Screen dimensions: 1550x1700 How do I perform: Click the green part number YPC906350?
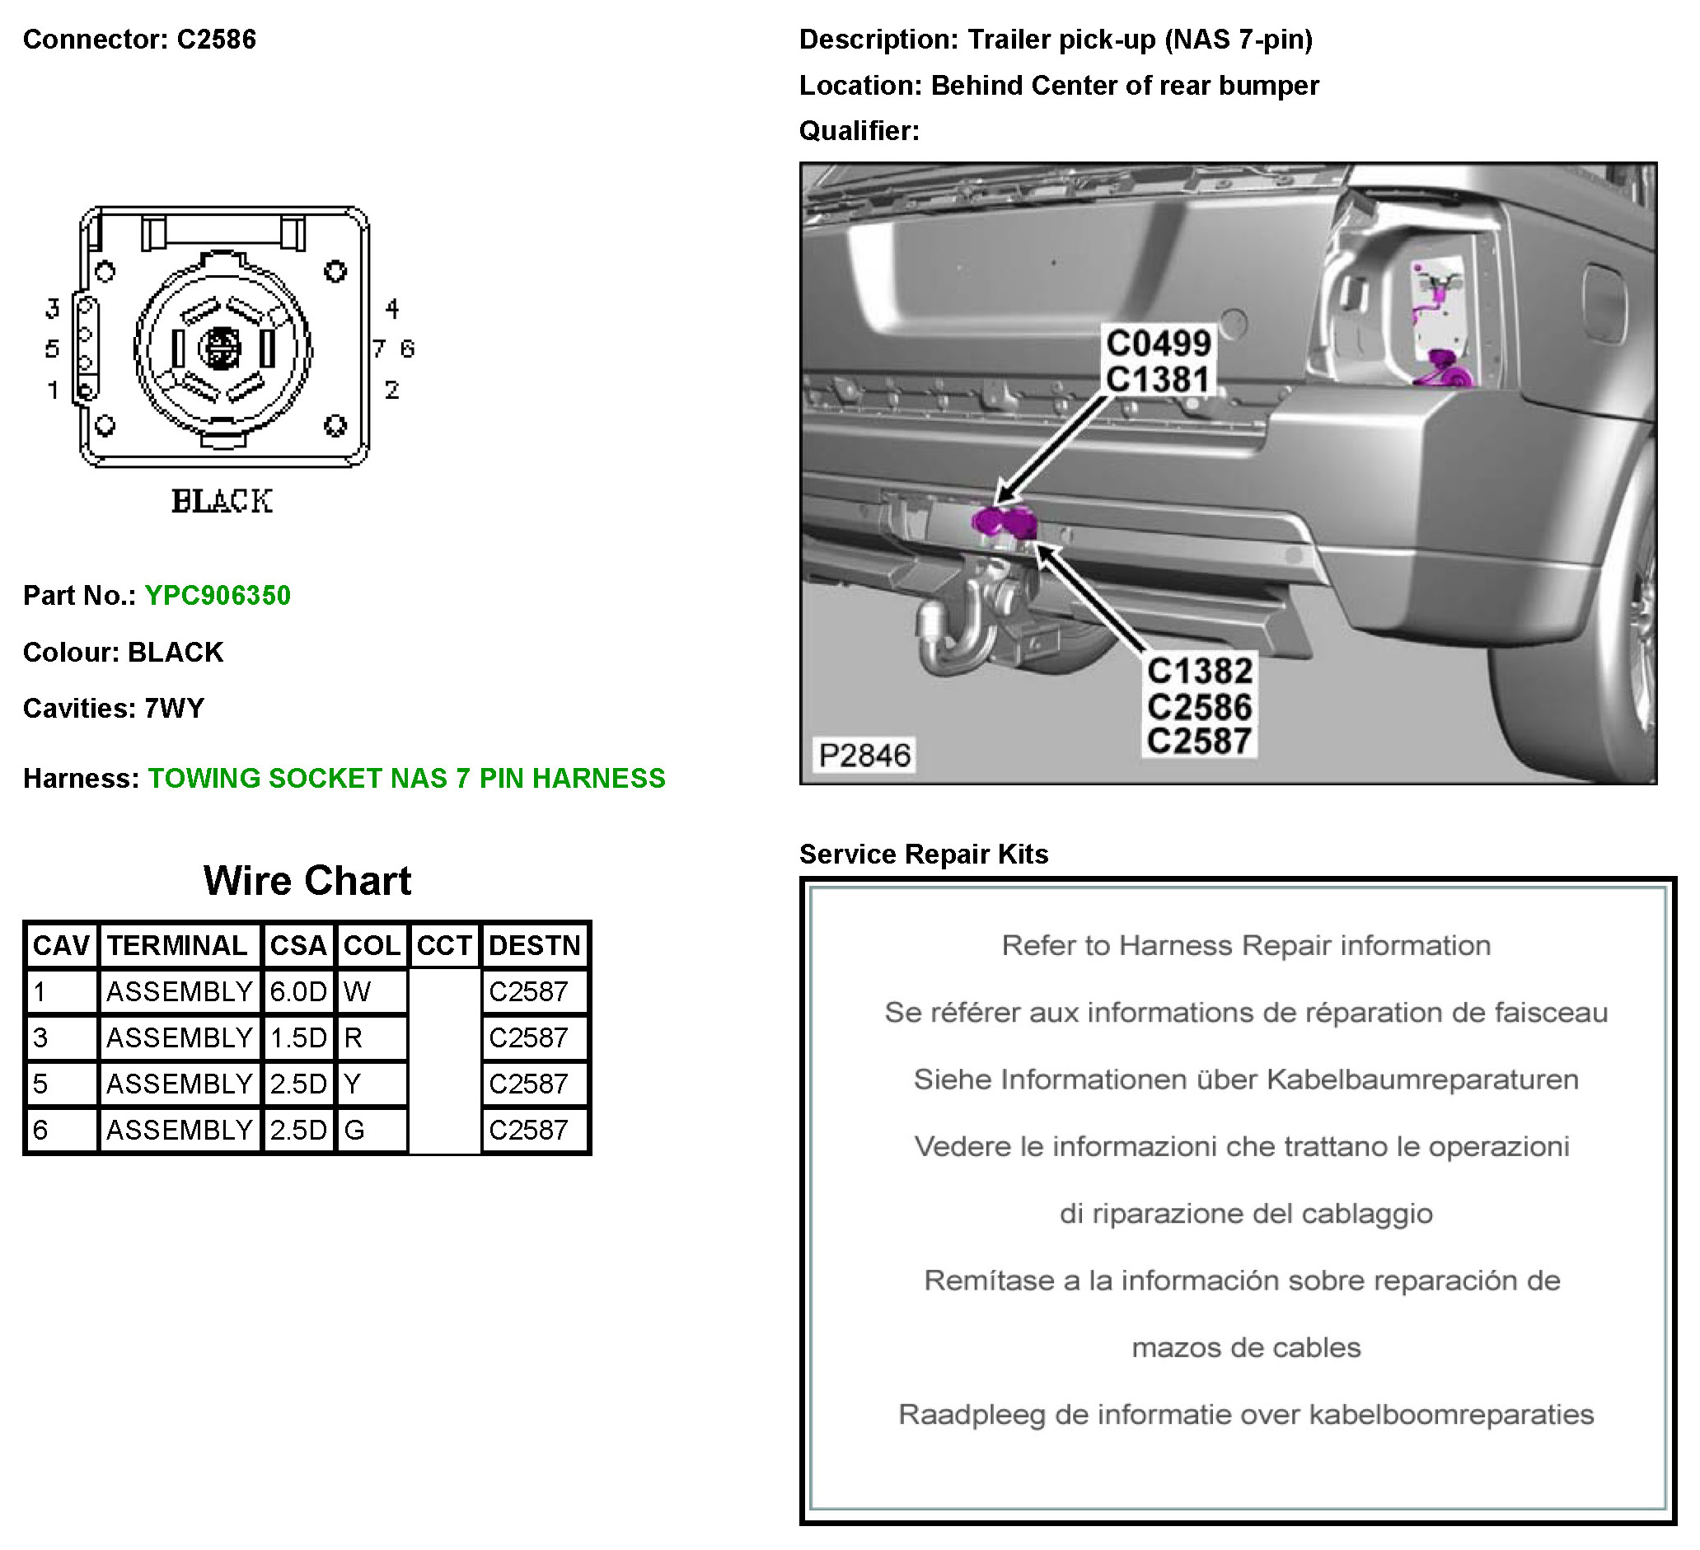(218, 596)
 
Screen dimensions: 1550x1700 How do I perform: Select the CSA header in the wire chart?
(297, 945)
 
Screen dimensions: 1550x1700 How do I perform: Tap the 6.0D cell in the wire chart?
(297, 992)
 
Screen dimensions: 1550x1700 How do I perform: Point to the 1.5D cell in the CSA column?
(297, 1037)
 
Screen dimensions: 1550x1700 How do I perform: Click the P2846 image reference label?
(864, 756)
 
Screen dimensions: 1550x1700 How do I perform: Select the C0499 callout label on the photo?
(1159, 344)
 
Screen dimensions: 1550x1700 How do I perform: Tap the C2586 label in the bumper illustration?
(1199, 707)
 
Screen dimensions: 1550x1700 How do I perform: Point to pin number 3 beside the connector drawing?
(52, 309)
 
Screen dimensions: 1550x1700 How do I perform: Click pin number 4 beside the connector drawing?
(392, 309)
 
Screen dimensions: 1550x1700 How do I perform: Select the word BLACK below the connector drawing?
(222, 501)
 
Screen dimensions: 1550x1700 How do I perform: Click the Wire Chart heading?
(307, 881)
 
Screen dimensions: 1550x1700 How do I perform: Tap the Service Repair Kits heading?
(924, 855)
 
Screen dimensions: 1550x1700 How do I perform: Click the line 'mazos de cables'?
(1245, 1347)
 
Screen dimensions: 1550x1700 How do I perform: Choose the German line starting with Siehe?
(1245, 1079)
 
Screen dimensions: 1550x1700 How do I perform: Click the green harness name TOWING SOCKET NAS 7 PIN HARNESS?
(406, 779)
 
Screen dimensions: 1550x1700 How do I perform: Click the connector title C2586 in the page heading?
(216, 40)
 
